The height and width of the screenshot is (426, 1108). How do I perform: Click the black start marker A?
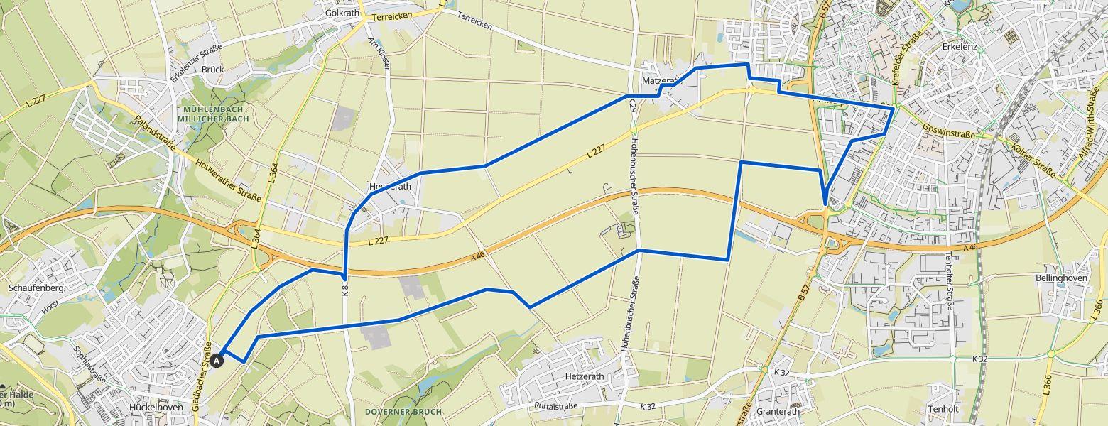[x=218, y=361]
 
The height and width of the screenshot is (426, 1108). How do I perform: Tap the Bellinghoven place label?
[x=1062, y=278]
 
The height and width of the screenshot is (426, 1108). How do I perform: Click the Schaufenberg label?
[x=36, y=288]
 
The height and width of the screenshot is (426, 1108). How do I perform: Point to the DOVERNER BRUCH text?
[x=403, y=412]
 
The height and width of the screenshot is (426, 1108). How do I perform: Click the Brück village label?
[x=212, y=70]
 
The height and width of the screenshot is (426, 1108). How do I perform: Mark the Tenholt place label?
[x=943, y=409]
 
